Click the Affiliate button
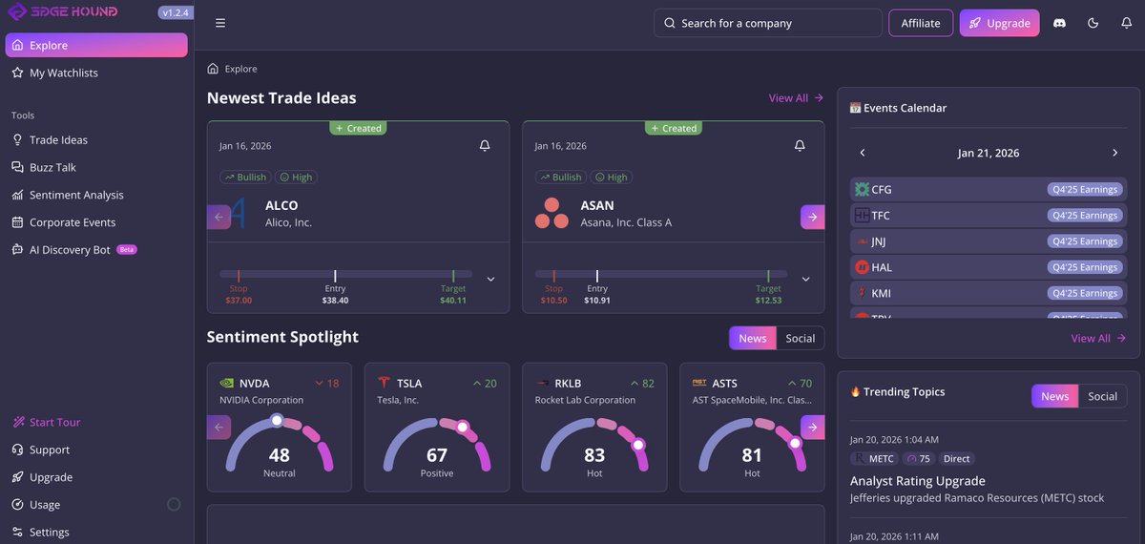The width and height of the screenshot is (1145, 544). pos(921,23)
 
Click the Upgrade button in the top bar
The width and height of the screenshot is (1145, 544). pos(999,23)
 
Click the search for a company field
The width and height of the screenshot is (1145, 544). pos(767,23)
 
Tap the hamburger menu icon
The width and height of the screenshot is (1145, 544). pos(220,23)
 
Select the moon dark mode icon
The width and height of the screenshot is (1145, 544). pos(1093,23)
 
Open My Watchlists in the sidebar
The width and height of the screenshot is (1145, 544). pos(63,73)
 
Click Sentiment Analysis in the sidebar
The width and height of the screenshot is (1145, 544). pos(76,195)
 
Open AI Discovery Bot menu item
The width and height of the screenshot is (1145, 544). pos(70,250)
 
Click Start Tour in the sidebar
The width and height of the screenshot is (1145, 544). pos(54,422)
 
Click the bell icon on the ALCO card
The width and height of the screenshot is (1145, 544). pos(485,145)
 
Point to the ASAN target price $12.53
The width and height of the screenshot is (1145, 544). pos(768,300)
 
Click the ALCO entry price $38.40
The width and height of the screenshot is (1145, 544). pos(335,300)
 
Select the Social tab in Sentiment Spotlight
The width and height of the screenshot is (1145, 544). pos(800,338)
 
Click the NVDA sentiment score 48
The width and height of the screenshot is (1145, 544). pos(279,455)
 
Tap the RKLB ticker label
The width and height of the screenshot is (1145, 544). pos(568,384)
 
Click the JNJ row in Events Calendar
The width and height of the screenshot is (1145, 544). pos(988,241)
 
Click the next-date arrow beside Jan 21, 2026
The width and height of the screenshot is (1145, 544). pos(1114,153)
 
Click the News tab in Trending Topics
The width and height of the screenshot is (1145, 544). pos(1054,396)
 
